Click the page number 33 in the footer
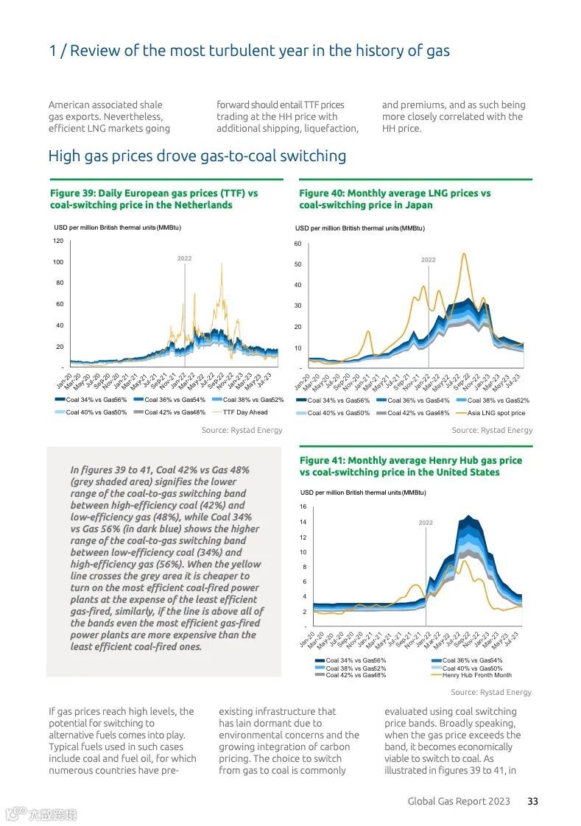click(532, 801)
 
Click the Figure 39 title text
click(154, 199)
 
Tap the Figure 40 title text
click(395, 199)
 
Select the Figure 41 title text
click(410, 466)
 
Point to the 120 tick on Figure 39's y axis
click(58, 241)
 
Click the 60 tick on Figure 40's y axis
click(298, 244)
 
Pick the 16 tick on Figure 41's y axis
click(303, 507)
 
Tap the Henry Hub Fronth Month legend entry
click(476, 675)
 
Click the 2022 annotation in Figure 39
click(184, 258)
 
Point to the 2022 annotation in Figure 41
click(426, 523)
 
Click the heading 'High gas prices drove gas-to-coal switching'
click(197, 156)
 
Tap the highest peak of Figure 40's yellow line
click(464, 254)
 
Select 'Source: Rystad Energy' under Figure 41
click(491, 692)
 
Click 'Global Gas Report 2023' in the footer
click(459, 801)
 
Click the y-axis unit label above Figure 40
click(359, 228)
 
